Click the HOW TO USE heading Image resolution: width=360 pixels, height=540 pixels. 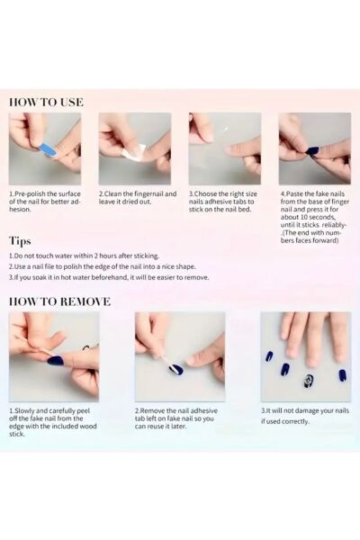pos(46,103)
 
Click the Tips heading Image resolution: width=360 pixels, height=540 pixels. pos(20,241)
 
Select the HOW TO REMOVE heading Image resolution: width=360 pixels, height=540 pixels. pos(59,301)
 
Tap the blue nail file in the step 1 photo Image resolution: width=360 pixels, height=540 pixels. pos(49,150)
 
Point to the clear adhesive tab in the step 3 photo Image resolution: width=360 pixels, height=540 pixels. pos(224,130)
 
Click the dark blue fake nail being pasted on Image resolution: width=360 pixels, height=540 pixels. pos(313,150)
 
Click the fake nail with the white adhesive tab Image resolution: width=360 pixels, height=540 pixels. pos(176,369)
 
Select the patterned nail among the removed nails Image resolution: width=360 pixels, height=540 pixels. pos(308,381)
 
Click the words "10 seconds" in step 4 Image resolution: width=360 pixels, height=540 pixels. pos(318,217)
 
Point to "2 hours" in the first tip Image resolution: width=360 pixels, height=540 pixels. pos(105,256)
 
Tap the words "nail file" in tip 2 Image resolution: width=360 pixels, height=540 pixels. pos(47,266)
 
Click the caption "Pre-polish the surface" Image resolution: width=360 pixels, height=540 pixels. pos(45,193)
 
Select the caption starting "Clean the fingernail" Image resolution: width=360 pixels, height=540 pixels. pos(138,198)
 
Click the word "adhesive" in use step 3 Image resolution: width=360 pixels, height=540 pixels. pos(217,202)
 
